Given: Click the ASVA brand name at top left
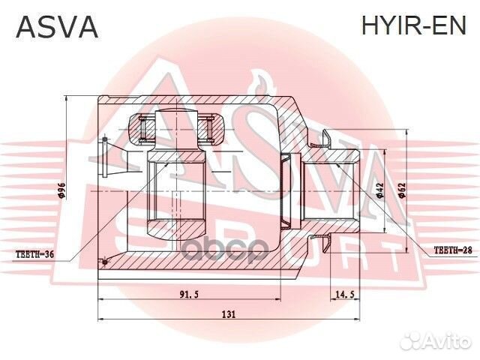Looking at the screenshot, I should click(x=57, y=27).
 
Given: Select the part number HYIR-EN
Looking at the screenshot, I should click(x=413, y=27).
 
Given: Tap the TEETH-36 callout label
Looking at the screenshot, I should click(x=34, y=254).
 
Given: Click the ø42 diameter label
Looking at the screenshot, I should click(x=380, y=190).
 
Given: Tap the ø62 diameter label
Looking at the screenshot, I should click(x=402, y=190).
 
